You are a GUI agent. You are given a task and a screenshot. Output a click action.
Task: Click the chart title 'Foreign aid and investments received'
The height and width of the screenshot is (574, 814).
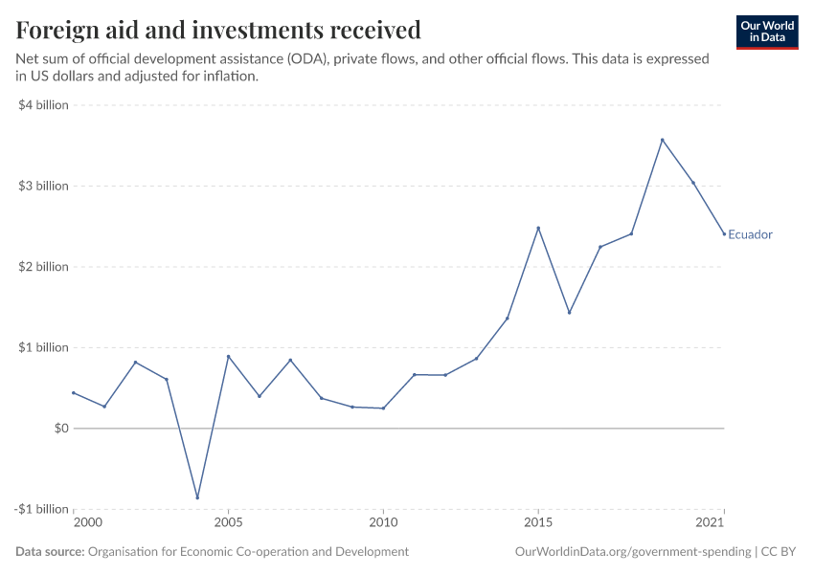[218, 30]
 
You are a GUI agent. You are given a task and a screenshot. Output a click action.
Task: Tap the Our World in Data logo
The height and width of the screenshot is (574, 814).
[767, 33]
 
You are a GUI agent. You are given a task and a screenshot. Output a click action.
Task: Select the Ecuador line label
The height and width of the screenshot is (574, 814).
[750, 234]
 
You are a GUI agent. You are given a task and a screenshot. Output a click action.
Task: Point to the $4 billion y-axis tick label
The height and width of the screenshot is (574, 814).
[43, 105]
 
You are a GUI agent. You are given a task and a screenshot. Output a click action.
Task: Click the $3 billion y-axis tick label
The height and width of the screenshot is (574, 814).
[43, 186]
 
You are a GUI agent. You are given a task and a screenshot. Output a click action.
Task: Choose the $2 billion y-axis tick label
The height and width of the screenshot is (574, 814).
[43, 267]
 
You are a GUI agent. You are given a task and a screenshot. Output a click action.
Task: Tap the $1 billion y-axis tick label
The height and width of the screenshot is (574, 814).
[43, 347]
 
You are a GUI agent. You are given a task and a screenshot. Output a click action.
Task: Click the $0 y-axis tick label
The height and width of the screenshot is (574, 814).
[60, 429]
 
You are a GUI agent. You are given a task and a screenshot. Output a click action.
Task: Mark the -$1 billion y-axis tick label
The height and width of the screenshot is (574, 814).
[41, 509]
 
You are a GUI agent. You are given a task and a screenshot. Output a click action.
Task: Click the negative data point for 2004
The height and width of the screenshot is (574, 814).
[197, 497]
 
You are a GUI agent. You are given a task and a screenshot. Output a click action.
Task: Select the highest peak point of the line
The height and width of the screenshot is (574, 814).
[662, 140]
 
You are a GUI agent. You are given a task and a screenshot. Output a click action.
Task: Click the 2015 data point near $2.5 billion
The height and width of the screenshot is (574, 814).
[538, 228]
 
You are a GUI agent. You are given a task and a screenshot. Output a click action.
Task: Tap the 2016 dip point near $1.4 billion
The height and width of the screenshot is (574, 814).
[569, 313]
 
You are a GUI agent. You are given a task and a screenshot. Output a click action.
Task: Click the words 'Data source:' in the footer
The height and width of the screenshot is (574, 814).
[50, 552]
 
